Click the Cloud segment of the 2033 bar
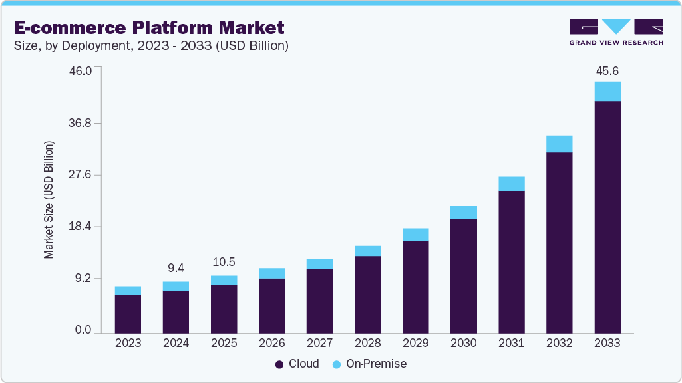[x=607, y=217]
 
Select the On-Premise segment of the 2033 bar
[x=607, y=91]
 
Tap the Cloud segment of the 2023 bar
[x=128, y=313]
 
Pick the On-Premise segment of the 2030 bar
[x=463, y=213]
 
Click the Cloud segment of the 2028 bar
[x=367, y=294]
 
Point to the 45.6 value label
[x=607, y=70]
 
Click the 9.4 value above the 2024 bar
[x=176, y=268]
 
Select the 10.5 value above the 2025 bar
[x=224, y=262]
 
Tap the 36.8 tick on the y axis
[x=88, y=123]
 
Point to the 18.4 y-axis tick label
[x=88, y=227]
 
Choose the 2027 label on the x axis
[x=319, y=344]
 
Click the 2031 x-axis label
[x=511, y=344]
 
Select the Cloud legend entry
[x=297, y=364]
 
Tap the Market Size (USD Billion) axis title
[x=49, y=200]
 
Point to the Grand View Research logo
[x=615, y=31]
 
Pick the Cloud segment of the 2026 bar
[x=271, y=305]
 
